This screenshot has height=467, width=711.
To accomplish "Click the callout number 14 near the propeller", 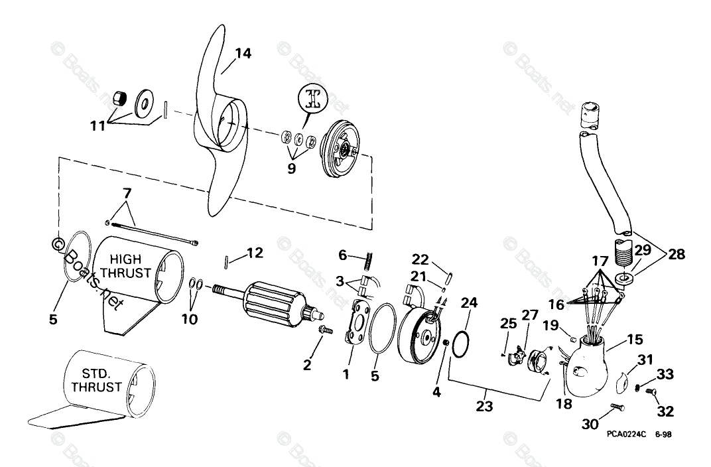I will click(243, 54).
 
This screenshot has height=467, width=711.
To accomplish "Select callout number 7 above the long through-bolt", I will click(127, 194).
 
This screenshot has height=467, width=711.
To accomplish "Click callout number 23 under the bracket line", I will click(484, 405).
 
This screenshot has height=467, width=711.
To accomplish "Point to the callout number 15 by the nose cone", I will click(635, 340).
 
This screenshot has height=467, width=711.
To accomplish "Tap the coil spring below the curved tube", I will click(622, 252).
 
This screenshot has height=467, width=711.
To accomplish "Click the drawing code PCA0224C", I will click(626, 436).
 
